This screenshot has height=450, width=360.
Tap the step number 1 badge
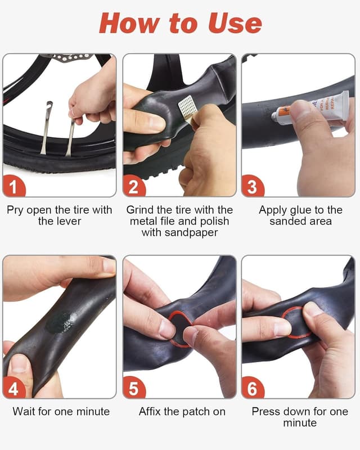click(x=15, y=185)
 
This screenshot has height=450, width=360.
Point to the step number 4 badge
click(x=15, y=387)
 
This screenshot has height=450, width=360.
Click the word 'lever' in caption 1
click(x=67, y=222)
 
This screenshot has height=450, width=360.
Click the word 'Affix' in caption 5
click(x=151, y=412)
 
